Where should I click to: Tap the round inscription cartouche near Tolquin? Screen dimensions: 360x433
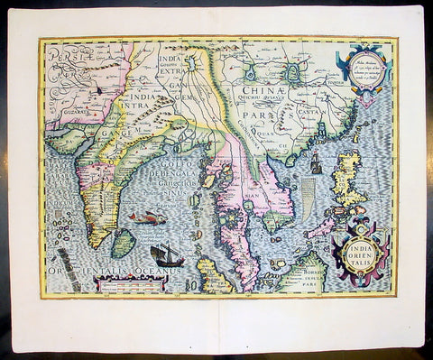pyautogui.click(x=359, y=64)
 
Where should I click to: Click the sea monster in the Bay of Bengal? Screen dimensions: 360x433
pyautogui.click(x=145, y=217)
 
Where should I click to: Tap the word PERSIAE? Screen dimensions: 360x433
pyautogui.click(x=66, y=54)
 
